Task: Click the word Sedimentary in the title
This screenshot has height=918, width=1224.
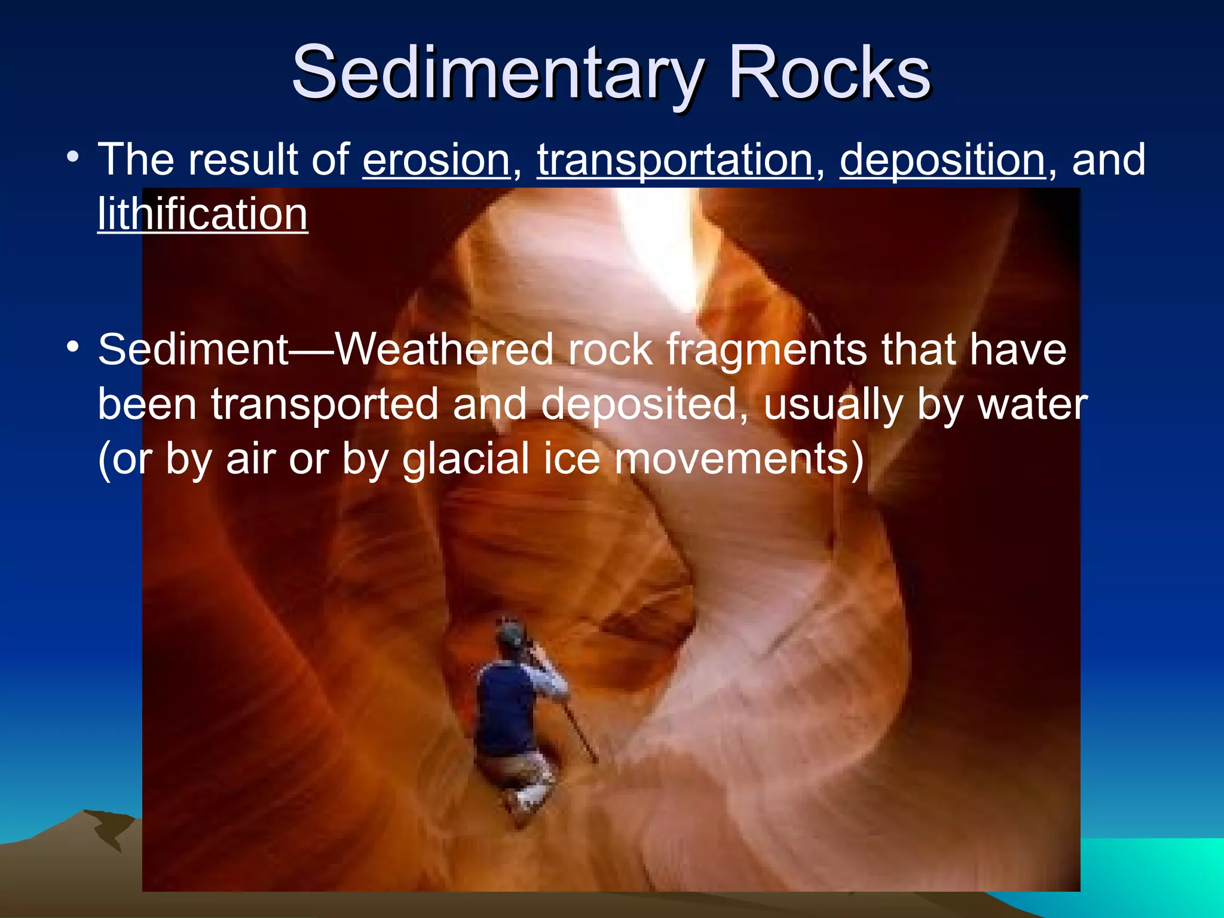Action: point(496,73)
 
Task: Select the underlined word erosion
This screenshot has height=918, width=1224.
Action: point(436,160)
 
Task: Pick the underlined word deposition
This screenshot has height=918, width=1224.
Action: point(943,160)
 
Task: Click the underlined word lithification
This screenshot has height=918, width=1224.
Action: point(203,214)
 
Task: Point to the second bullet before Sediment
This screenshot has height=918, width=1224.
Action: point(73,347)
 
